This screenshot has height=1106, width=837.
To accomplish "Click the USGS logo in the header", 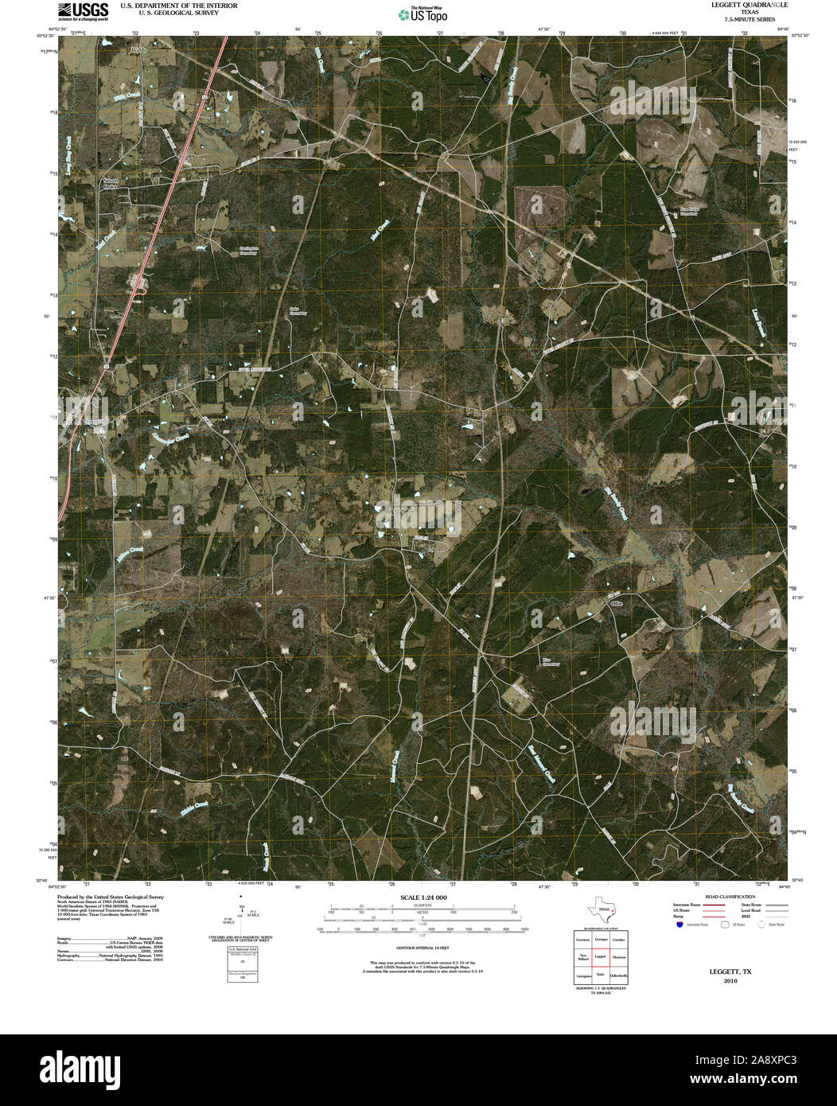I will (x=83, y=11).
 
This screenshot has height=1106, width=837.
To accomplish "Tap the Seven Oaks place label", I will (x=111, y=183).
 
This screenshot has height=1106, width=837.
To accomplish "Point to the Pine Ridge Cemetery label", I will (x=689, y=211).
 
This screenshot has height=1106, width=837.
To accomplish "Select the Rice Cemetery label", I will (x=550, y=662).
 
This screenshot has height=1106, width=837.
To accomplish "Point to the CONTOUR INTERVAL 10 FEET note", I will (x=422, y=948).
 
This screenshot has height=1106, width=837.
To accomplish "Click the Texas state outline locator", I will (x=601, y=910).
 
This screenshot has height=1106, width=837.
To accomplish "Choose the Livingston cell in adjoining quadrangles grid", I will (x=583, y=975).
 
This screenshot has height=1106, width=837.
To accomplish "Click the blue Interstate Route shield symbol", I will (x=679, y=925).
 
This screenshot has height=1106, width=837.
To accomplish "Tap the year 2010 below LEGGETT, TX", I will (x=730, y=980).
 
